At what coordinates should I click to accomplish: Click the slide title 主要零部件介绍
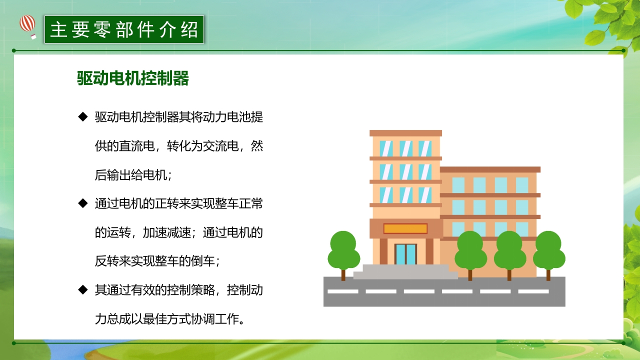click(x=124, y=29)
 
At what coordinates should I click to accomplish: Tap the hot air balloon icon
click(x=28, y=25)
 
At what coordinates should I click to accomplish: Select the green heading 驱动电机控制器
click(x=132, y=78)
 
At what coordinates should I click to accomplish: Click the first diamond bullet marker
click(x=82, y=117)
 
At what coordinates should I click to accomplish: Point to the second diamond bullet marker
click(x=82, y=203)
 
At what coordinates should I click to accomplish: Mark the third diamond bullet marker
click(x=82, y=289)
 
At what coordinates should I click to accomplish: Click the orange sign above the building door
click(x=405, y=228)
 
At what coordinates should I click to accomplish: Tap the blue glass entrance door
click(x=405, y=254)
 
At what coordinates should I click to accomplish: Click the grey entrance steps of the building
click(x=405, y=272)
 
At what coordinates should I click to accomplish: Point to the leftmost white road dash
click(x=343, y=291)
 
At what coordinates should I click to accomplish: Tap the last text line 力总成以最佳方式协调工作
click(x=170, y=318)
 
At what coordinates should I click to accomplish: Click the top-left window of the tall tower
click(x=385, y=148)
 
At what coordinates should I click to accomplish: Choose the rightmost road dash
click(x=533, y=291)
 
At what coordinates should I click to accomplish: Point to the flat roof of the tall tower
click(x=405, y=133)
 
